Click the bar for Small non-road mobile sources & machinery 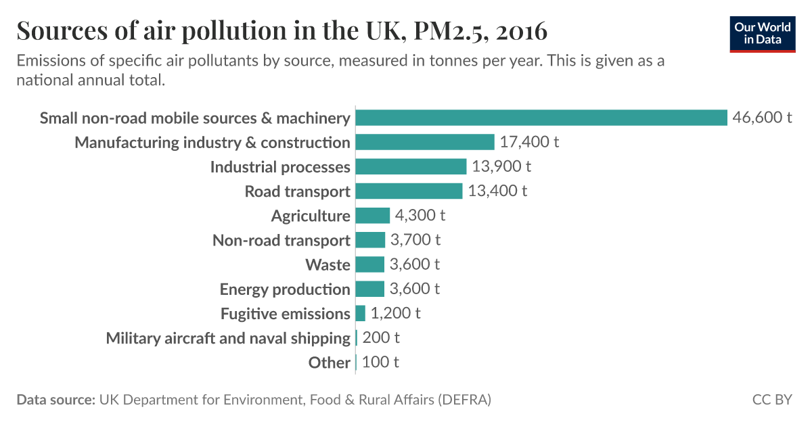[x=541, y=118]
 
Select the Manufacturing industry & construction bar [x=425, y=142]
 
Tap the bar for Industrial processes [x=411, y=166]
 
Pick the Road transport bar [x=409, y=191]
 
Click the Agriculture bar [x=372, y=215]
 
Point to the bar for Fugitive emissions [x=360, y=313]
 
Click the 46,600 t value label [x=762, y=118]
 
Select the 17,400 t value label [x=530, y=142]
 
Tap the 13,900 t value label [x=501, y=166]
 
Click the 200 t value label [x=381, y=337]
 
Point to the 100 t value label [x=380, y=362]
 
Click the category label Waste [x=328, y=264]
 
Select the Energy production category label [x=285, y=289]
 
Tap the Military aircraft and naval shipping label [x=228, y=337]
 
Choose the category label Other [x=329, y=362]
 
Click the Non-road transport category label [x=281, y=240]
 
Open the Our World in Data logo [x=763, y=33]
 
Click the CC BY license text [x=771, y=400]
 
